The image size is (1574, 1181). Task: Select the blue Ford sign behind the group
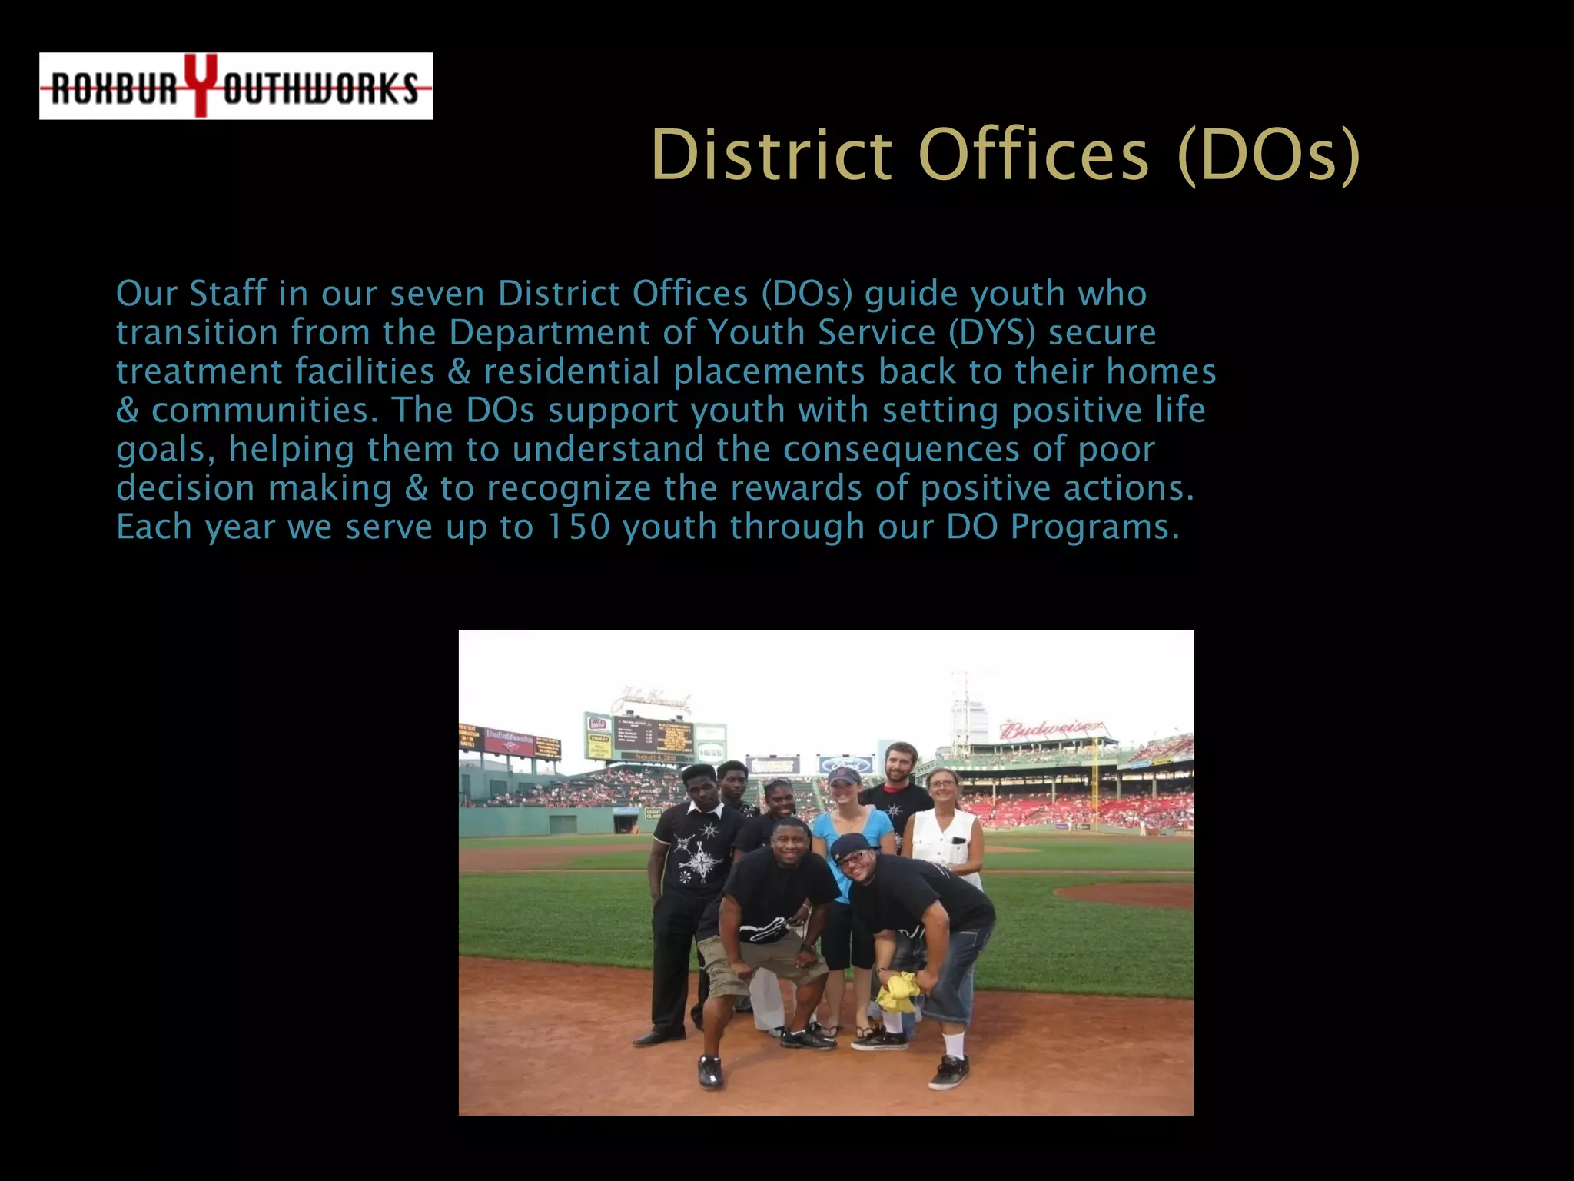[845, 764]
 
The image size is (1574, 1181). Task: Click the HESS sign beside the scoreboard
[710, 752]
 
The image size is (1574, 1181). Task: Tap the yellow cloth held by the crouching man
[898, 992]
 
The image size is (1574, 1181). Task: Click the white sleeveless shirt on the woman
[944, 843]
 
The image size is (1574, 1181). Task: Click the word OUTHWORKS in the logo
[320, 88]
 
